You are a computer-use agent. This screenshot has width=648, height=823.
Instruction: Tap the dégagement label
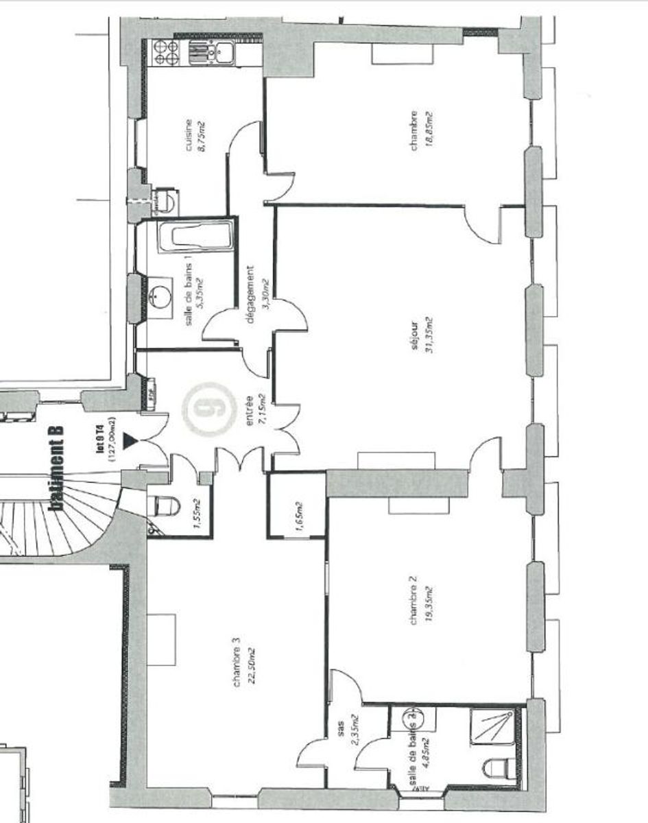pyautogui.click(x=250, y=296)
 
